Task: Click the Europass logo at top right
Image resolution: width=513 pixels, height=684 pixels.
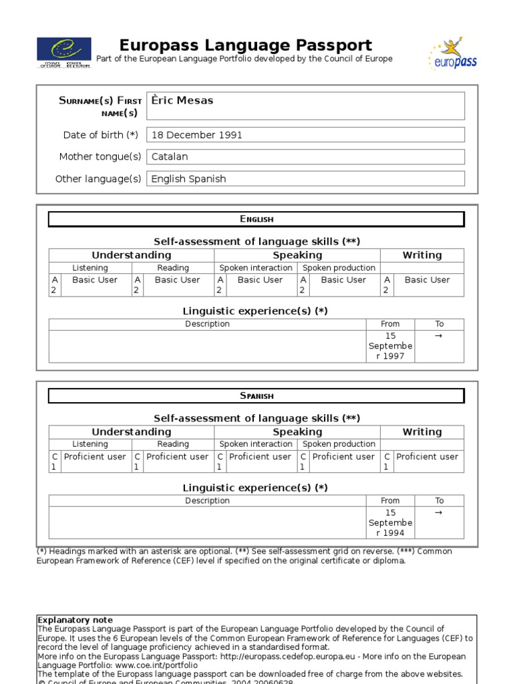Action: pyautogui.click(x=452, y=54)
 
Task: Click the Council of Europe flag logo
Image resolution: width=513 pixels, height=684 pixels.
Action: pyautogui.click(x=65, y=53)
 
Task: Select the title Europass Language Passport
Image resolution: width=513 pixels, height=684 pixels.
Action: pyautogui.click(x=245, y=45)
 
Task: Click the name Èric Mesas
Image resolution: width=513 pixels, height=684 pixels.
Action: pyautogui.click(x=182, y=101)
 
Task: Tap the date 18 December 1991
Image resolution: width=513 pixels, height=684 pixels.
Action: pyautogui.click(x=196, y=135)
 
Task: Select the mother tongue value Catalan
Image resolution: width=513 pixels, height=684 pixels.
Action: pyautogui.click(x=170, y=157)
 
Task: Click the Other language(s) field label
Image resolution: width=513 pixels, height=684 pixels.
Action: pyautogui.click(x=98, y=179)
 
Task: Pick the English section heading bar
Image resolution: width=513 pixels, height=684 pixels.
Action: pyautogui.click(x=256, y=219)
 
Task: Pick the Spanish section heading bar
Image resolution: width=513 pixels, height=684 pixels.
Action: pyautogui.click(x=256, y=396)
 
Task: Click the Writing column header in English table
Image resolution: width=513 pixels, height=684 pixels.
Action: pyautogui.click(x=421, y=255)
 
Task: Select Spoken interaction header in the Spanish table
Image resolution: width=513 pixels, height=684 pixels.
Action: pyautogui.click(x=256, y=444)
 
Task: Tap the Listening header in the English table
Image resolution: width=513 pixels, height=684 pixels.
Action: pyautogui.click(x=90, y=268)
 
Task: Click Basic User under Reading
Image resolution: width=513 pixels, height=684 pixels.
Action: pyautogui.click(x=177, y=280)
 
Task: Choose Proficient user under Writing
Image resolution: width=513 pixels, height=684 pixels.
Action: pyautogui.click(x=427, y=457)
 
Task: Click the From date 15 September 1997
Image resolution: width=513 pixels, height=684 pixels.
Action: pyautogui.click(x=390, y=346)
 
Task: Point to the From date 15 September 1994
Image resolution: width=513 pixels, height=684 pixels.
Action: pyautogui.click(x=390, y=523)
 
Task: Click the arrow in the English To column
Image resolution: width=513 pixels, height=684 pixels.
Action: pyautogui.click(x=439, y=336)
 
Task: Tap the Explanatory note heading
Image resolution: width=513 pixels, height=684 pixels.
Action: pyautogui.click(x=75, y=620)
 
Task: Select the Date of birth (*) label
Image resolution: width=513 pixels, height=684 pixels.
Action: pyautogui.click(x=100, y=135)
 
